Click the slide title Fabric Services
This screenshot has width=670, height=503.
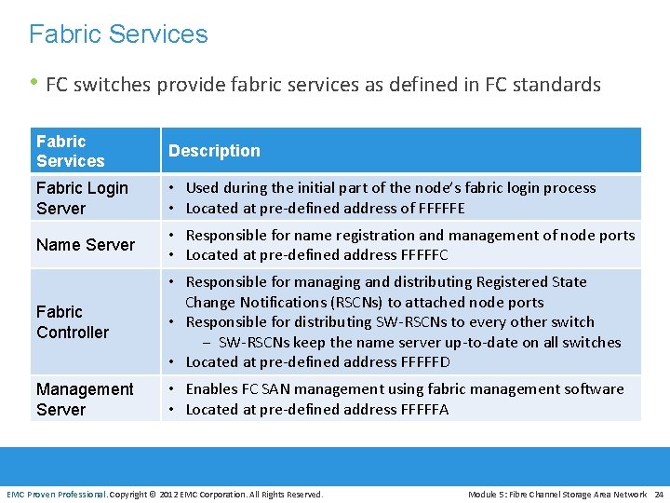coord(118,34)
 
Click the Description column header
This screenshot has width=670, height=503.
coord(214,151)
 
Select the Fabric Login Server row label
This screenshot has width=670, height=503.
coord(82,198)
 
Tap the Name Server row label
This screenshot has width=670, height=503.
coord(86,245)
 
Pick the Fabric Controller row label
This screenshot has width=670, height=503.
coord(73,321)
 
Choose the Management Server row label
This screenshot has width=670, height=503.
coord(85,399)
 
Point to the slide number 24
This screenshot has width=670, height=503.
coord(659,494)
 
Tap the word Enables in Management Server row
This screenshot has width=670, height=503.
coord(213,389)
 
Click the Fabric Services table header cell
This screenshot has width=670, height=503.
coord(70,151)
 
